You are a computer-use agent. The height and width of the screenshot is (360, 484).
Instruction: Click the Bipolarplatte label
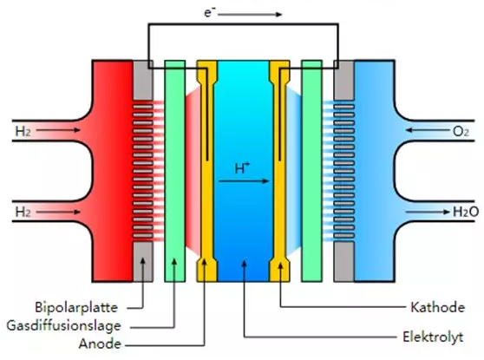(x=76, y=307)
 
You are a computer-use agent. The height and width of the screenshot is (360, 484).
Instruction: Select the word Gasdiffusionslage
(x=63, y=325)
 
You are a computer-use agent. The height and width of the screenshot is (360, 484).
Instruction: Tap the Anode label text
(x=100, y=344)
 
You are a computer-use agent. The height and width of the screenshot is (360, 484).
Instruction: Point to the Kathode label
(x=438, y=307)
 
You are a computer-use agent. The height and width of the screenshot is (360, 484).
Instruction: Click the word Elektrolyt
(x=433, y=337)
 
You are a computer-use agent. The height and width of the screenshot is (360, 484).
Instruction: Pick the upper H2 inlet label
(x=23, y=132)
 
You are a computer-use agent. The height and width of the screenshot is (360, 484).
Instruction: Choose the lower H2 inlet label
(x=23, y=213)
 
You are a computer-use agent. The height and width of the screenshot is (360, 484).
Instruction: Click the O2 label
(x=461, y=132)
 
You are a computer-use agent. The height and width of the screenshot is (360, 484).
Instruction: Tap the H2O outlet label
(x=466, y=212)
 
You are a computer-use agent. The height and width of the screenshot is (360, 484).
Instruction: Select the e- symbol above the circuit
(x=210, y=13)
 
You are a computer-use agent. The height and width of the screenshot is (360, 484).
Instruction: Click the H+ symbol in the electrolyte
(x=242, y=168)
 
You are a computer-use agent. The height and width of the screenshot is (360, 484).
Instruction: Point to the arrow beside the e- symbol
(x=250, y=14)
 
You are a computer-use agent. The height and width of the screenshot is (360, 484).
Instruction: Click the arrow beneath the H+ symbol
(x=244, y=181)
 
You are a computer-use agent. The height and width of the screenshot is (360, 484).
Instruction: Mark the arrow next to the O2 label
(x=428, y=130)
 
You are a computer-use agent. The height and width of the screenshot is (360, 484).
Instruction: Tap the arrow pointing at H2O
(x=428, y=212)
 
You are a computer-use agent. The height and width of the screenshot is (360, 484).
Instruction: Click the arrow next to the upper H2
(x=58, y=130)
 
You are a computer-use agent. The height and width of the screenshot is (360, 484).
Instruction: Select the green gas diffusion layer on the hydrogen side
(x=175, y=171)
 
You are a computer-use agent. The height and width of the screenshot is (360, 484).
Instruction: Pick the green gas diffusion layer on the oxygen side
(x=311, y=171)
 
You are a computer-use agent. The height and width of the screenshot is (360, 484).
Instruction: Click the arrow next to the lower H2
(x=58, y=212)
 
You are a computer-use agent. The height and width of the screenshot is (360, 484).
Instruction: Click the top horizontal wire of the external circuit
(x=243, y=24)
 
